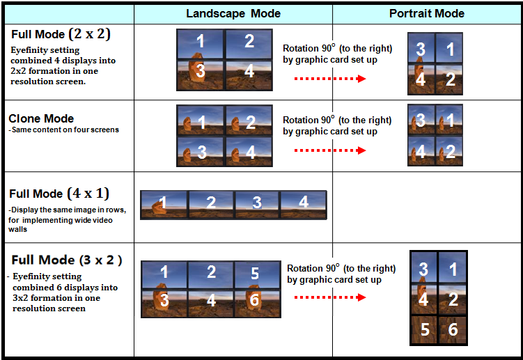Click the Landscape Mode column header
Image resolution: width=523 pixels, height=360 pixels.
233,14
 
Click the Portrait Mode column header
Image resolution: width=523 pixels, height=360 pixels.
427,13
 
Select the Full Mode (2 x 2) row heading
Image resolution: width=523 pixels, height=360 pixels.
61,34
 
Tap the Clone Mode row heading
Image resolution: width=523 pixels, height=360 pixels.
41,118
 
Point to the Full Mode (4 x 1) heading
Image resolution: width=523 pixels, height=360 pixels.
59,194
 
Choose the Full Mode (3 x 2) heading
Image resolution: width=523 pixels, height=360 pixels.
67,260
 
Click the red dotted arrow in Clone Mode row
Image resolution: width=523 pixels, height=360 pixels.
330,150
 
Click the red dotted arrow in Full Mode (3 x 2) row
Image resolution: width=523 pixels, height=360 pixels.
330,297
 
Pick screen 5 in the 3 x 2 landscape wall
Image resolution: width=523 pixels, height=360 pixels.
257,275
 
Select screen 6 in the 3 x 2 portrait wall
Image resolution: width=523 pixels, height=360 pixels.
452,329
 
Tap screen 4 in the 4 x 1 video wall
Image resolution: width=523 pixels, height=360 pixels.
304,205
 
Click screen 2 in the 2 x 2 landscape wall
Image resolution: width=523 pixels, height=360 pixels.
249,44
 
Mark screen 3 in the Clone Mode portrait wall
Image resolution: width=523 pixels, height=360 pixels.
421,120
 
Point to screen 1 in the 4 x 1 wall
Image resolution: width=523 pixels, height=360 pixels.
164,205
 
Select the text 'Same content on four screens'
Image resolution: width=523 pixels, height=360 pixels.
65,130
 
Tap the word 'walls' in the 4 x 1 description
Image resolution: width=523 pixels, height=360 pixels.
17,229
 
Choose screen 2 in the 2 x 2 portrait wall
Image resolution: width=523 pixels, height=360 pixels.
449,79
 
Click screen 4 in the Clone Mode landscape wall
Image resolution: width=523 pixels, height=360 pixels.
249,152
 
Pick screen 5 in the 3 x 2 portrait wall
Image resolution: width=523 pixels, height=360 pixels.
424,329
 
